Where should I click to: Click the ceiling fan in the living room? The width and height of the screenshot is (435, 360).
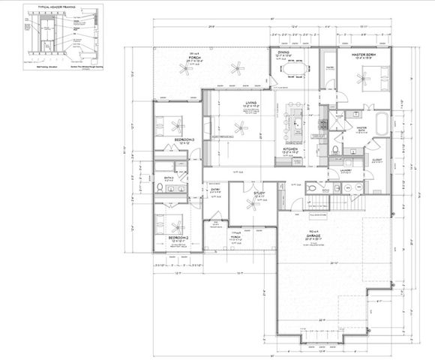tap(239, 129)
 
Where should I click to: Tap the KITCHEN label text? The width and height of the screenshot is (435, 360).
tap(291, 149)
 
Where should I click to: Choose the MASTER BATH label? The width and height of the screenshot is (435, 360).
tap(361, 128)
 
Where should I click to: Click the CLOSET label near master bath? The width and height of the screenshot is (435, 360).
tap(376, 159)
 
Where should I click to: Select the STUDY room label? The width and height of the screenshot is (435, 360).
tap(259, 193)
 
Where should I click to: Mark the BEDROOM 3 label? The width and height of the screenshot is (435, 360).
tap(184, 140)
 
